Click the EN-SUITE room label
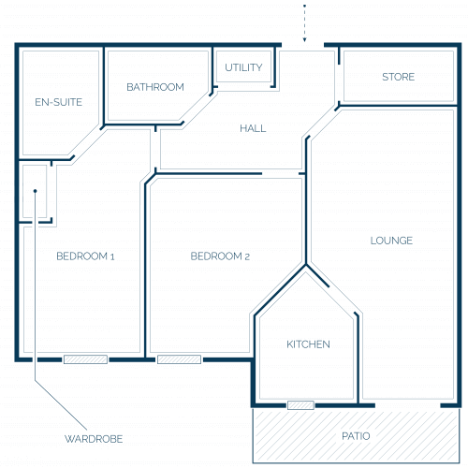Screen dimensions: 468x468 click(x=59, y=102)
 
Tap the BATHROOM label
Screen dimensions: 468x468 click(x=155, y=87)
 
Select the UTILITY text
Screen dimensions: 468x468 click(x=243, y=67)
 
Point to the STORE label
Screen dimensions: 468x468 click(x=399, y=77)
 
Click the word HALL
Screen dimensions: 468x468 click(x=253, y=128)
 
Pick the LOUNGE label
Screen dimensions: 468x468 click(x=391, y=241)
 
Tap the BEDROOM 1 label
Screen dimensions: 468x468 click(x=85, y=256)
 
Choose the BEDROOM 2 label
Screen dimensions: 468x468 click(x=220, y=256)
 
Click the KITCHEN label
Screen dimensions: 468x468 click(x=308, y=344)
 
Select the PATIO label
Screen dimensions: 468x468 click(x=356, y=436)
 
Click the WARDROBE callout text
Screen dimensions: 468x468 click(x=94, y=439)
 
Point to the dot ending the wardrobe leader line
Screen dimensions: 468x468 click(x=36, y=191)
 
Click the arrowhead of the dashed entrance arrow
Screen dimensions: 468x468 click(x=305, y=39)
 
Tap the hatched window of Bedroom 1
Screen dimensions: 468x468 click(x=85, y=359)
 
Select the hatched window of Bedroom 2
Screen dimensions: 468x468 click(x=179, y=359)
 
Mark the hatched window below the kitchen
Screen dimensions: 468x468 click(x=300, y=405)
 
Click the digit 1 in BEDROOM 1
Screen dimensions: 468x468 click(x=112, y=256)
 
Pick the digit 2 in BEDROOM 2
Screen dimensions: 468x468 click(x=247, y=256)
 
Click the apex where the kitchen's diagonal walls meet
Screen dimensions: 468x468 click(x=306, y=265)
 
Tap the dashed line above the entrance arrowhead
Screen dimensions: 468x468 click(x=305, y=22)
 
